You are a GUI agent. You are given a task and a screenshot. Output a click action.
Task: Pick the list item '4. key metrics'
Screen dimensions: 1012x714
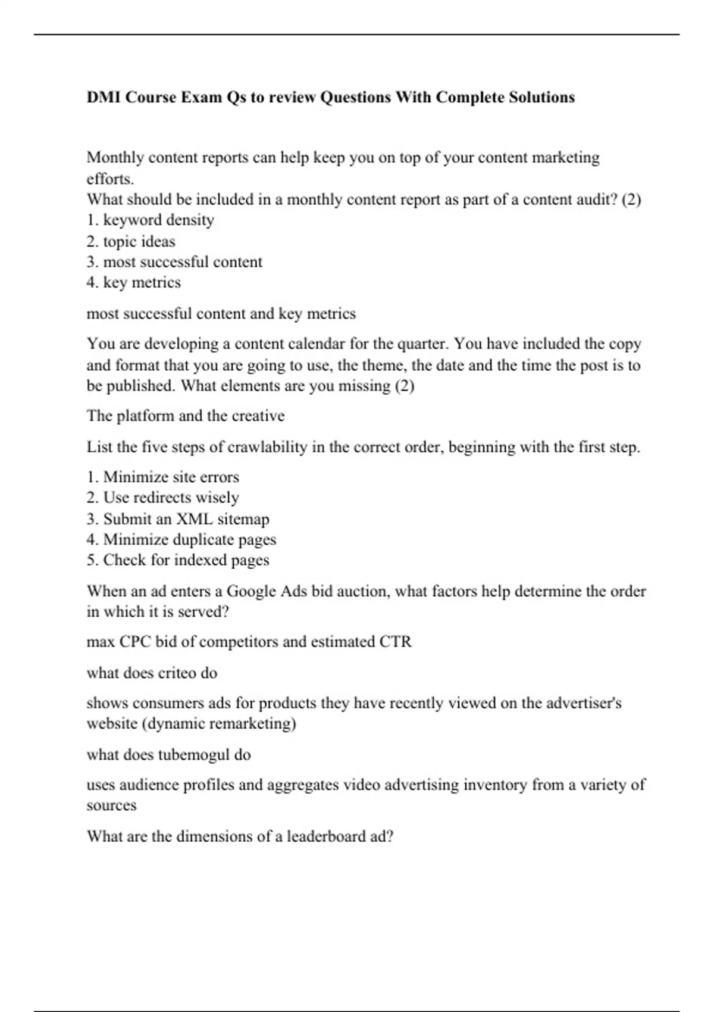(134, 282)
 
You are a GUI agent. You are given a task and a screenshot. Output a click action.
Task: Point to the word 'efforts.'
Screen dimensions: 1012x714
(111, 179)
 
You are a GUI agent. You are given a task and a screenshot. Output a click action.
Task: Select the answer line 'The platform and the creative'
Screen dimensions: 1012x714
(186, 416)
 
